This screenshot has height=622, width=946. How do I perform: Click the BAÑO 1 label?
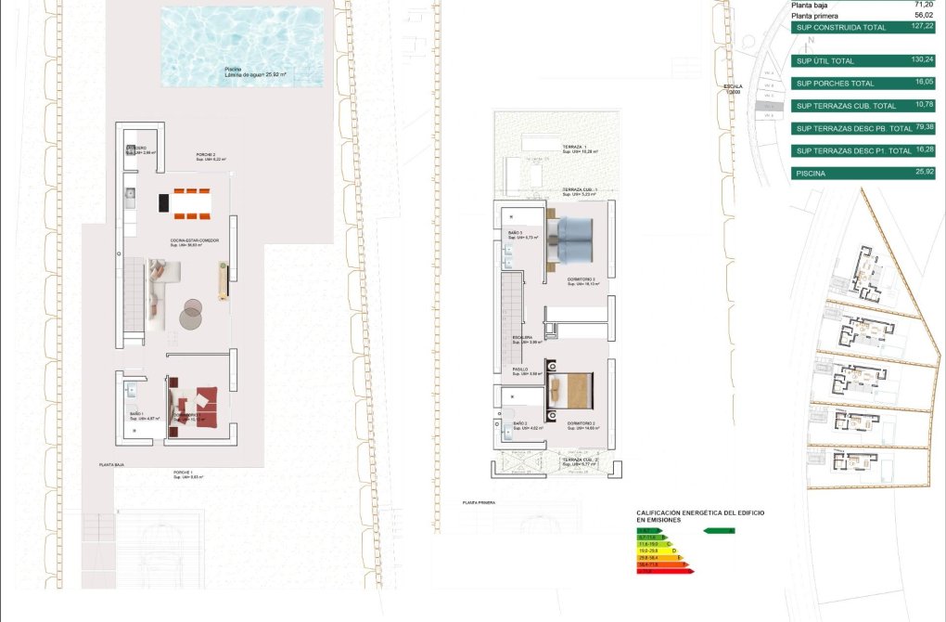click(136, 414)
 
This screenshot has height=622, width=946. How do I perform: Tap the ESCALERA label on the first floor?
click(523, 338)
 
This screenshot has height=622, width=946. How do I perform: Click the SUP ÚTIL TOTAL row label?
click(825, 60)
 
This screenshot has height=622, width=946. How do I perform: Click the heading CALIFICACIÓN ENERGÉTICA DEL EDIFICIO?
click(700, 512)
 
